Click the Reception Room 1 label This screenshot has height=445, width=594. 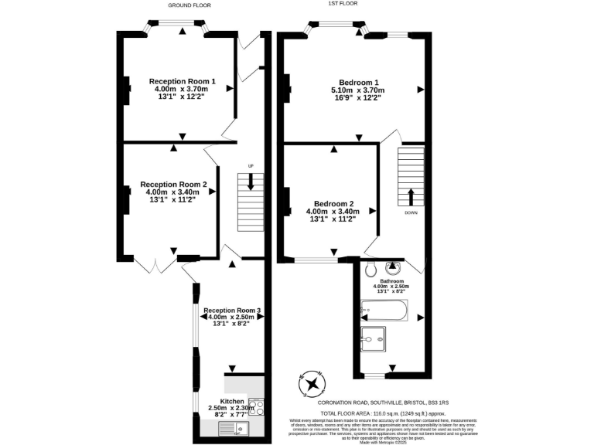click(182, 81)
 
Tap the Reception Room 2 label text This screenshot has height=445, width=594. click(173, 185)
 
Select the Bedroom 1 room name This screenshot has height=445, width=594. click(358, 82)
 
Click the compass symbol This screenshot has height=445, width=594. click(312, 383)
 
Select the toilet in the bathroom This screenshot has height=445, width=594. click(370, 270)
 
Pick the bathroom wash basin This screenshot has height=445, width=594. click(394, 268)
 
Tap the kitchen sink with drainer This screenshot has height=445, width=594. click(231, 430)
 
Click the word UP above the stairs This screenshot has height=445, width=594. click(251, 166)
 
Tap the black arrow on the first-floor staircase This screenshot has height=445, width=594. click(410, 195)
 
